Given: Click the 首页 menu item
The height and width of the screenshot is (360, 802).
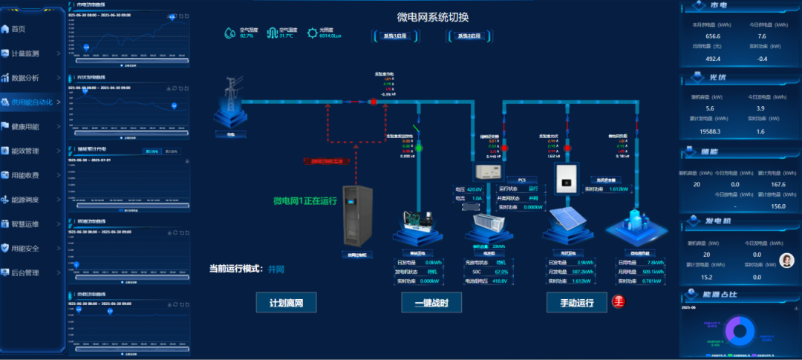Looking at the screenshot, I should (18, 29).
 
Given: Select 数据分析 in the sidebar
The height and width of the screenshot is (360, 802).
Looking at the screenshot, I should (25, 77).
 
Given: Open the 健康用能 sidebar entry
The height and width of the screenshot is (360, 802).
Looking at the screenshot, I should (25, 126).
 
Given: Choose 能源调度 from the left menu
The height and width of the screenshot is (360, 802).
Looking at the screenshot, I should (25, 200).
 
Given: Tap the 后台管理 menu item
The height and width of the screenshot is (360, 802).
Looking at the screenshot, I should (25, 272).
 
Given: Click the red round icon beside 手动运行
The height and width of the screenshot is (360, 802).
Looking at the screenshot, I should (618, 301).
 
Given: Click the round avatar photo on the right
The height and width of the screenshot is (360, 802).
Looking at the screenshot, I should (786, 260).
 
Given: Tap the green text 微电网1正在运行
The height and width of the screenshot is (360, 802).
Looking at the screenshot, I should (305, 200).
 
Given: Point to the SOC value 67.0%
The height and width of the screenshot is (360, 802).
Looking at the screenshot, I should (501, 272).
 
